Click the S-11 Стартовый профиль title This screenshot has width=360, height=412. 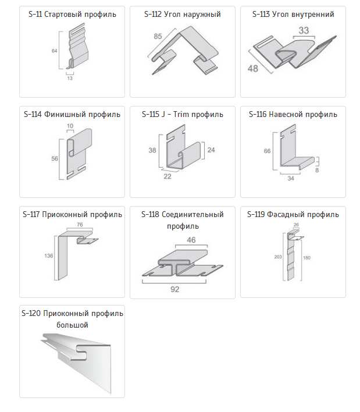point(72,14)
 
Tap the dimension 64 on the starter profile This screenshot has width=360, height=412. point(54,51)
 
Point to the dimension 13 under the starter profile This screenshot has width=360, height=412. point(70,78)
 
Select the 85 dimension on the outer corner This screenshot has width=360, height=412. point(158,36)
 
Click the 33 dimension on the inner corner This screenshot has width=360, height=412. point(304,30)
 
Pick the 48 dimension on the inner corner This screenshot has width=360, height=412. point(253,69)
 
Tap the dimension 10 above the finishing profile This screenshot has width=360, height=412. point(70,126)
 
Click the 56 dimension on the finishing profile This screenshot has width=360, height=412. point(55,158)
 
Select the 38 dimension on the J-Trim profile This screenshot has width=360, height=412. point(152,150)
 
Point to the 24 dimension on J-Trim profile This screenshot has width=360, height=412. point(211,150)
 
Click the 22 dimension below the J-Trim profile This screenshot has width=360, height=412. point(167,176)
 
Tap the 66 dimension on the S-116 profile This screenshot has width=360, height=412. point(267,151)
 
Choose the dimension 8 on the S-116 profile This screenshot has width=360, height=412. point(317,171)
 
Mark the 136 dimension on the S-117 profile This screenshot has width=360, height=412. point(49,255)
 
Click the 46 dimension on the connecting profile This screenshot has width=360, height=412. point(191,240)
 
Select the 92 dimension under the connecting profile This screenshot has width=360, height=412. point(175,289)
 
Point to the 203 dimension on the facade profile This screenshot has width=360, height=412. point(278,257)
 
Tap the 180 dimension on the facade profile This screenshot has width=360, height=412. point(306,258)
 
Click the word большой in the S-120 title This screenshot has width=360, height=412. point(72,325)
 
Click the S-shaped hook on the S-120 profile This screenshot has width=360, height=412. point(81,353)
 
